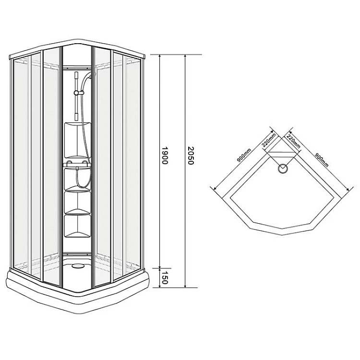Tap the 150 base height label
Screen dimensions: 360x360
(165, 278)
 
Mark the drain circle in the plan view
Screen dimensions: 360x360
(283, 168)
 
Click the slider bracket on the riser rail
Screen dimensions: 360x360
(76, 92)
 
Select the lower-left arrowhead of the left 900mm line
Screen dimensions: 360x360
(213, 186)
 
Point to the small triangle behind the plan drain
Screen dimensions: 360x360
(283, 156)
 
